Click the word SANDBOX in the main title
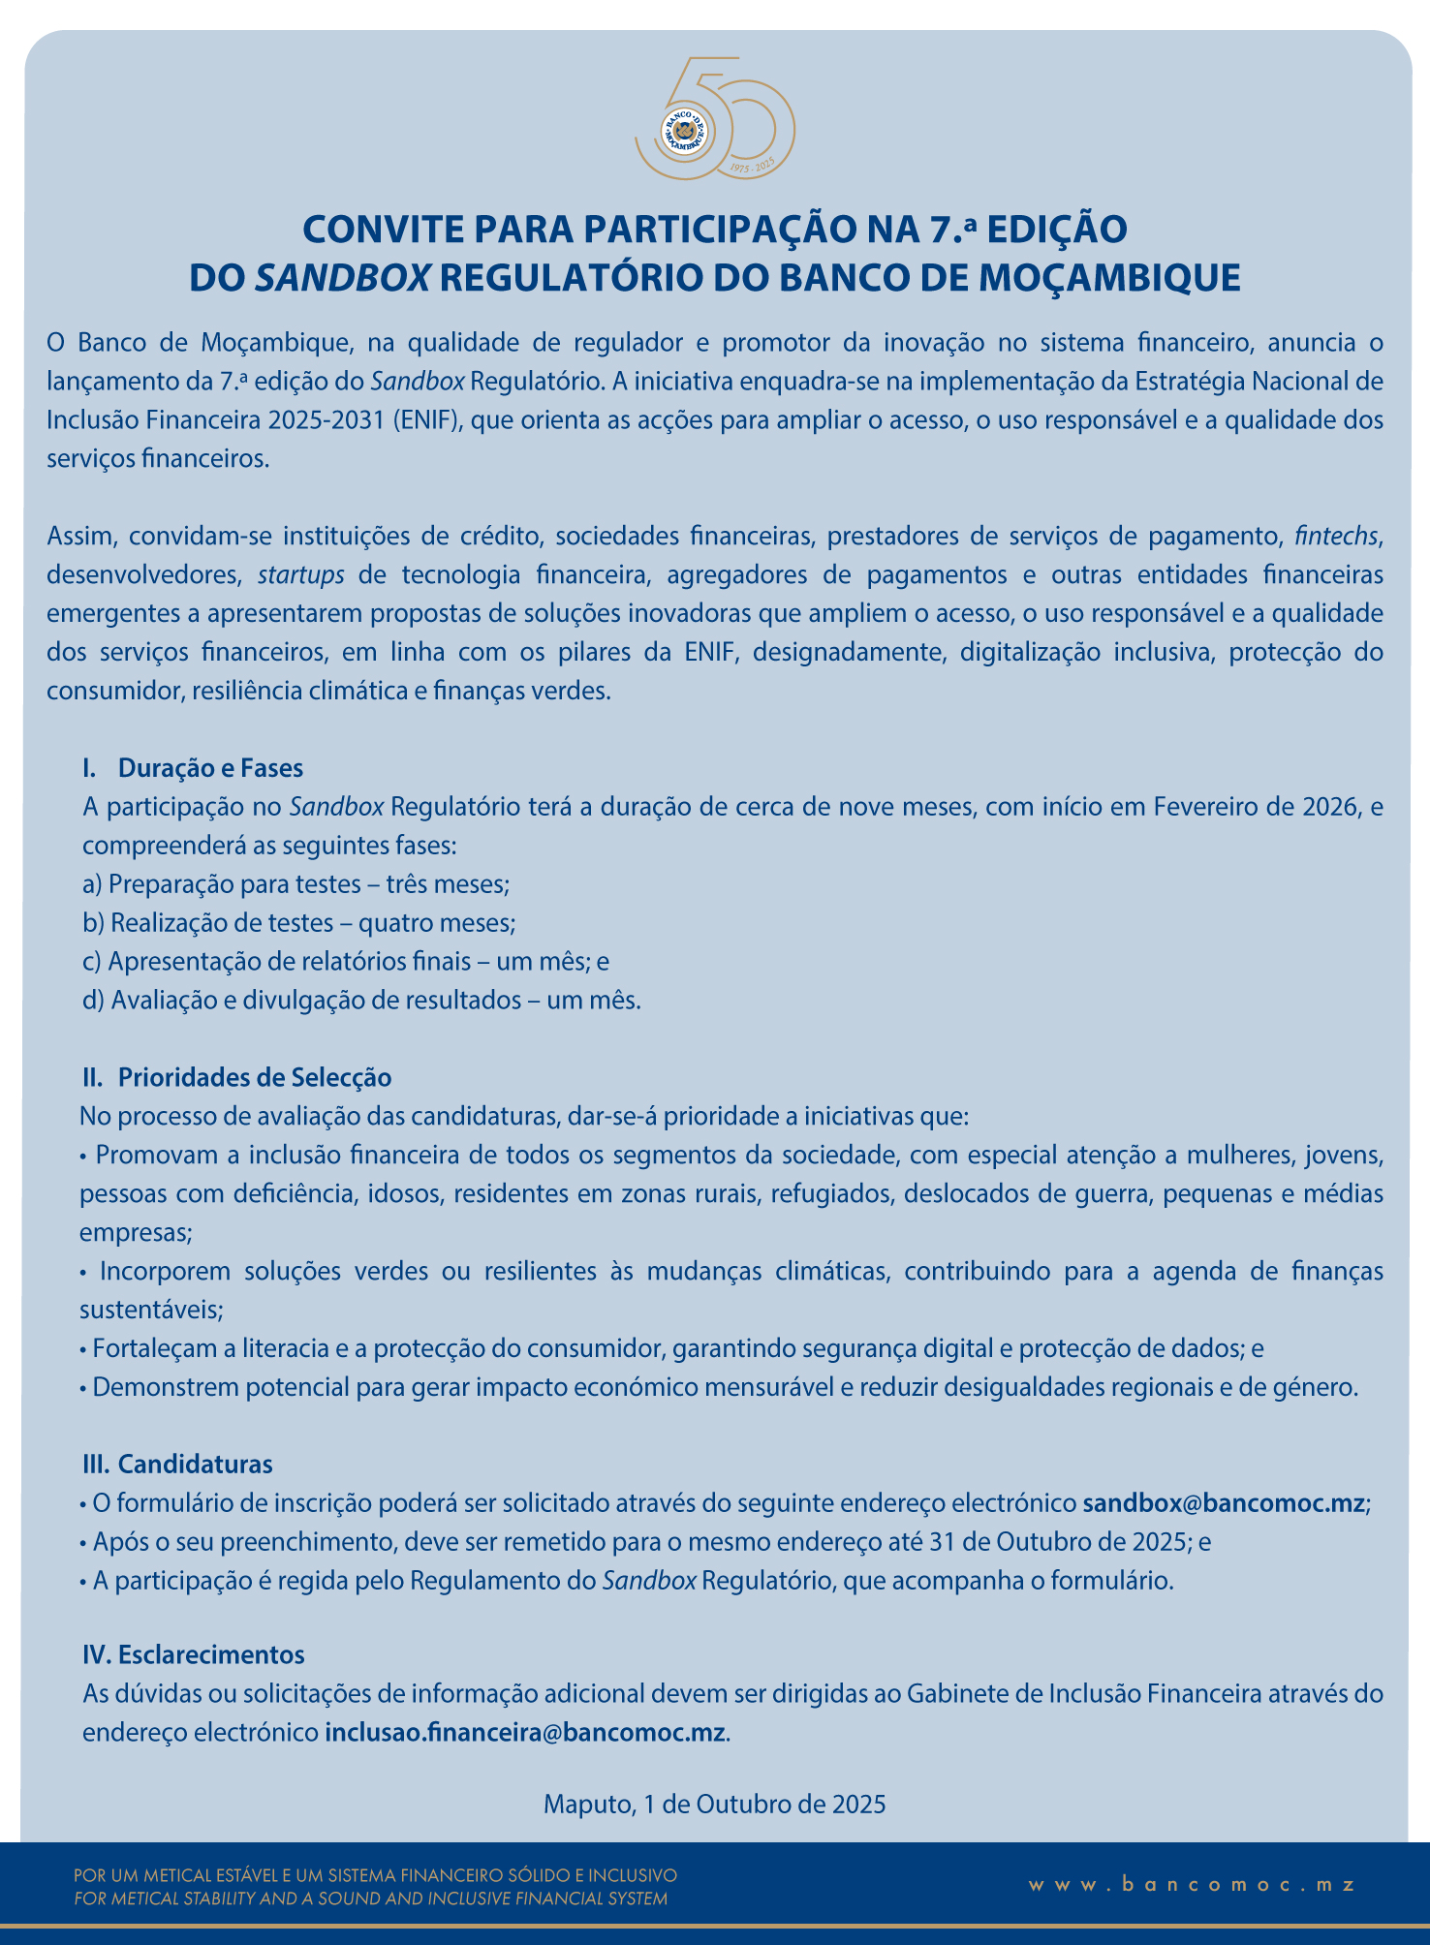point(342,278)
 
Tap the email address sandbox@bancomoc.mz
point(1223,1503)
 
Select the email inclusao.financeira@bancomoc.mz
point(525,1732)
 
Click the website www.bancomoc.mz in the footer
point(1192,1884)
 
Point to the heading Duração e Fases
point(210,768)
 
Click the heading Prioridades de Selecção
point(254,1077)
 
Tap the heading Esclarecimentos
point(211,1654)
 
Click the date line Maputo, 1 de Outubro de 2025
point(715,1804)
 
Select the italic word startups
point(301,574)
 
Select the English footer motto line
point(371,1899)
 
